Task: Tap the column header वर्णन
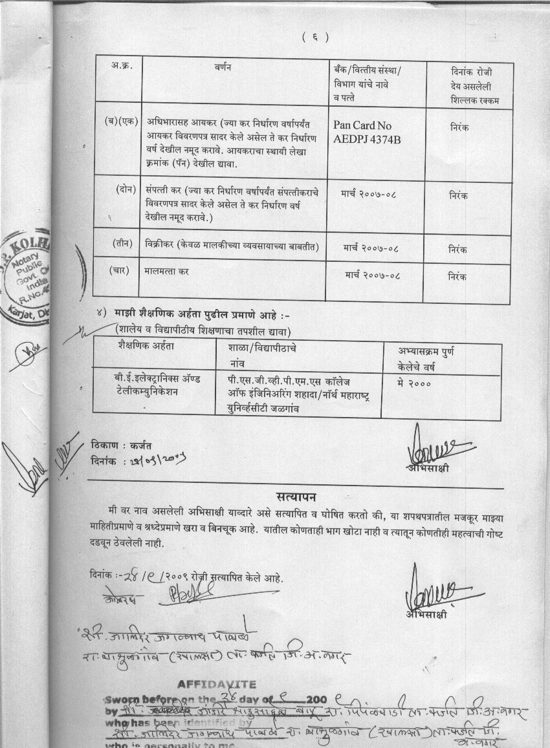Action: point(223,67)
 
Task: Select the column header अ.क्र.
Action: point(120,67)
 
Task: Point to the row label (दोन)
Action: point(126,189)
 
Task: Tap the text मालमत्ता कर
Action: point(167,273)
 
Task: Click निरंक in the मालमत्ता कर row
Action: point(457,277)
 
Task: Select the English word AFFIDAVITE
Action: point(217,685)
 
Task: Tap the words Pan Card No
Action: point(362,125)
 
